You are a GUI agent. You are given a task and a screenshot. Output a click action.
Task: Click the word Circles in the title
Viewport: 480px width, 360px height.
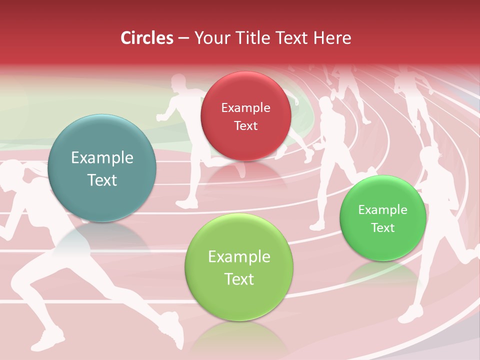146,38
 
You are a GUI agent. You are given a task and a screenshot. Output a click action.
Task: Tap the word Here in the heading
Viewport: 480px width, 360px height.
332,38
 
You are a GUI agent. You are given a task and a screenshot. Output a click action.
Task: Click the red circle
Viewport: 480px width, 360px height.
245,116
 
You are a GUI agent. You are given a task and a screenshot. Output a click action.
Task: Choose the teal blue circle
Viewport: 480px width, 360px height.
102,168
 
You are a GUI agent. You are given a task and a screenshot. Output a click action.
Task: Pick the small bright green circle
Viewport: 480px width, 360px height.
382,218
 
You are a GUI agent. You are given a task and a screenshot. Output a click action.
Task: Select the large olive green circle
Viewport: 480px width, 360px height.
239,267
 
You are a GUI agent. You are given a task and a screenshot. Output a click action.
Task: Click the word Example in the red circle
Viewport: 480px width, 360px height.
245,107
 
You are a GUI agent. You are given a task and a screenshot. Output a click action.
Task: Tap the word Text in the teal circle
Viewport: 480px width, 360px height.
102,180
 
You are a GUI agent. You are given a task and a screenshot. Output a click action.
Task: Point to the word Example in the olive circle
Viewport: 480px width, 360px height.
239,257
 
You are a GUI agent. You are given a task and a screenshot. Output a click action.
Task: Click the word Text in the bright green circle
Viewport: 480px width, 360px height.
382,228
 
